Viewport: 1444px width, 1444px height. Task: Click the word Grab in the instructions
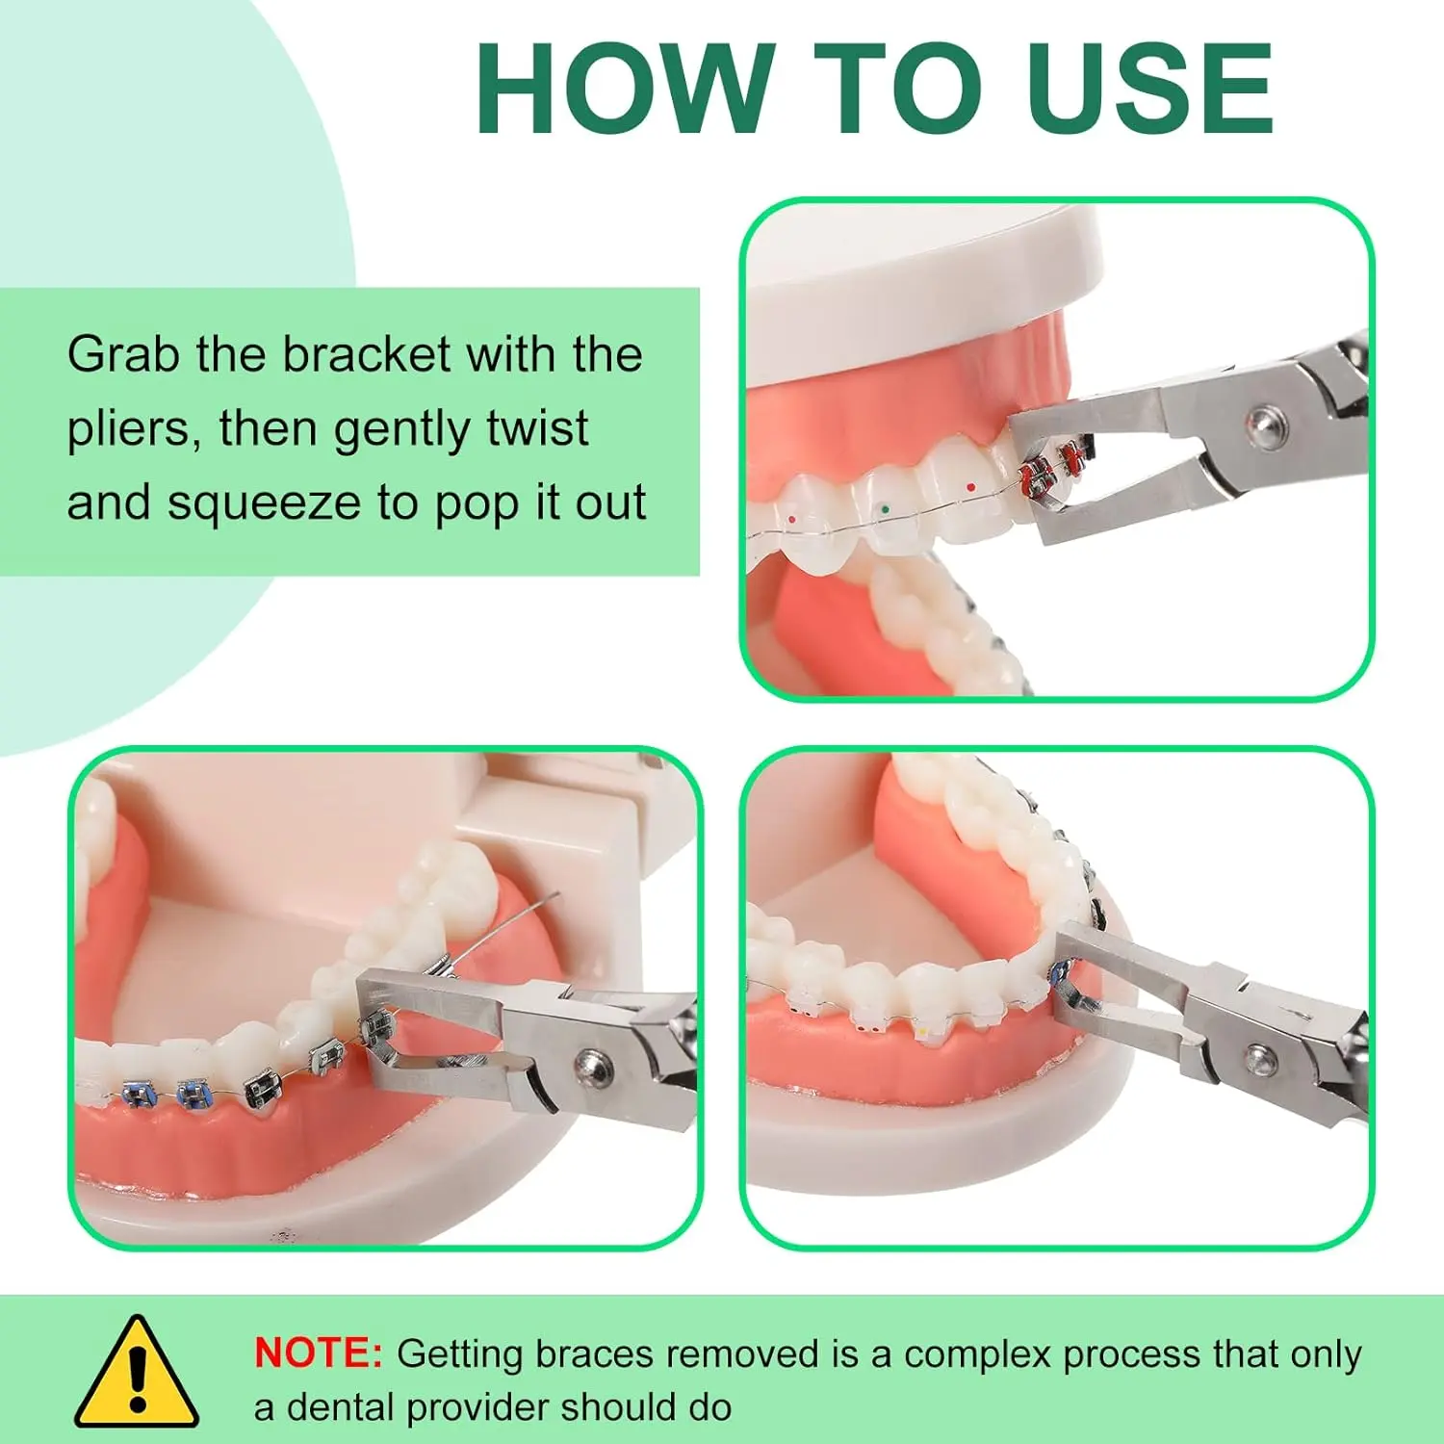pos(124,354)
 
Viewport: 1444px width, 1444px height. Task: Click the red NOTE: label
pos(319,1353)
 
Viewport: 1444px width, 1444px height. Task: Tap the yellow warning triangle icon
pos(137,1373)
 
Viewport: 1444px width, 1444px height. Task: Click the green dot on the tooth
pos(885,507)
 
